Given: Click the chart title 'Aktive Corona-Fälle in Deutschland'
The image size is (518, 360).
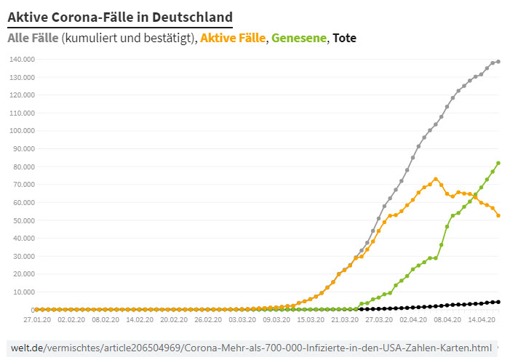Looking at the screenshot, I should pos(120,16).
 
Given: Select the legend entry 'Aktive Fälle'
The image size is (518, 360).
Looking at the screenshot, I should pos(233,38).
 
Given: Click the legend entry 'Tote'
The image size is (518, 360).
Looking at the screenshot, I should pos(343,38).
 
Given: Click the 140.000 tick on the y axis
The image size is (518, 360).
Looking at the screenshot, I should pos(23,60).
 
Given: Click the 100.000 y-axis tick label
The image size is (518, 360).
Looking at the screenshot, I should pos(23,131).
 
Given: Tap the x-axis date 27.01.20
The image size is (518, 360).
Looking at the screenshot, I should pos(37,319).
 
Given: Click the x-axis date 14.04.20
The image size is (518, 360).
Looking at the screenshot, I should pos(482,319).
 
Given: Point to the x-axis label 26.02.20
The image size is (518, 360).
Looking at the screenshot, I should pos(208,319).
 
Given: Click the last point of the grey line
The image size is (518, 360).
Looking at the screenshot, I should pos(498,62).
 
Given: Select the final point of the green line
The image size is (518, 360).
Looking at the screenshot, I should pos(498,163).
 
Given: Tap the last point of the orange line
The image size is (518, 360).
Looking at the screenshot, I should pos(498,215).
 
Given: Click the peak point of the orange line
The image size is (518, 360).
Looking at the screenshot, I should pos(436,179).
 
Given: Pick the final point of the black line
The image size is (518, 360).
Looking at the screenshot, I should pos(498,302).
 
